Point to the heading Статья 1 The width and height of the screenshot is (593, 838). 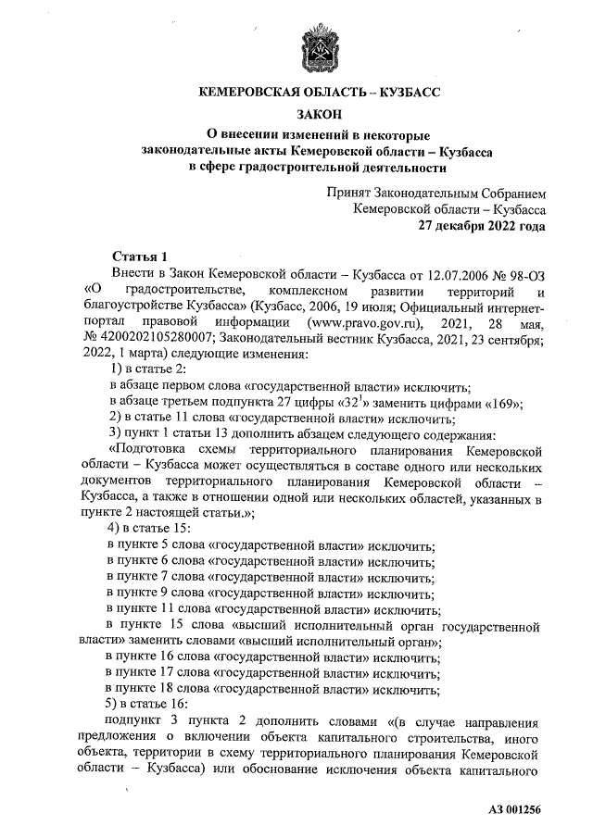[x=139, y=256]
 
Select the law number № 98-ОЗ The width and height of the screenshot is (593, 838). [x=516, y=274]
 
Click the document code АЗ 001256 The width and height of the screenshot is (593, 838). [x=514, y=810]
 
